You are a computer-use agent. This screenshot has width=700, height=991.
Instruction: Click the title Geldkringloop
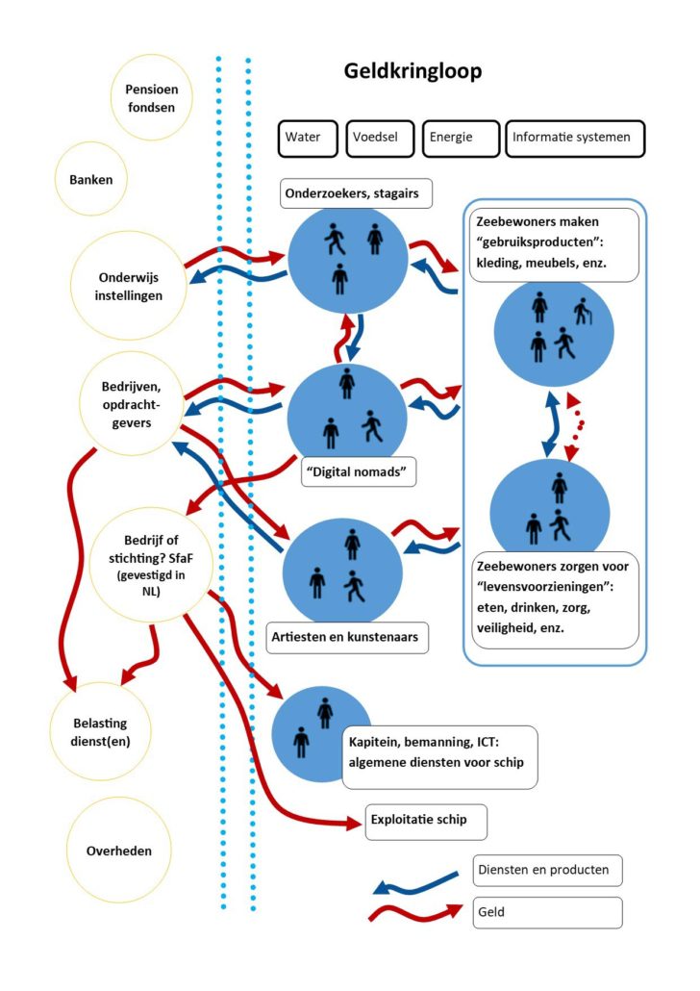click(x=412, y=71)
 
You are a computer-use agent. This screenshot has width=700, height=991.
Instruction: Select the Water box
click(x=308, y=139)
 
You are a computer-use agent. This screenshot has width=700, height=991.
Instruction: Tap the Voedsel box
click(x=381, y=139)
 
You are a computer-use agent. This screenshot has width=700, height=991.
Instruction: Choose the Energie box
click(x=461, y=139)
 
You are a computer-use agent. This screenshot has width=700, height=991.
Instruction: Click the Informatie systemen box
click(x=575, y=139)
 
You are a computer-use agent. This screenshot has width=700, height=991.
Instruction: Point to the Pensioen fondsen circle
click(x=151, y=98)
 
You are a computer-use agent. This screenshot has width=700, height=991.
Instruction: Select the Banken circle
click(x=91, y=180)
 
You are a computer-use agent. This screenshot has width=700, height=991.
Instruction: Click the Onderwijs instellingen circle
click(x=128, y=286)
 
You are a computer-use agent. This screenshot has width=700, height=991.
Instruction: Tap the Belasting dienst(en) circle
click(x=100, y=732)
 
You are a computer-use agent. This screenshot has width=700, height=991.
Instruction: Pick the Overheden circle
click(x=119, y=851)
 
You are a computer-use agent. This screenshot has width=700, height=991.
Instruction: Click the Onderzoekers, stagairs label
click(x=357, y=193)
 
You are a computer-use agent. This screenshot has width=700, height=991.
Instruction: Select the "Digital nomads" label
click(x=359, y=472)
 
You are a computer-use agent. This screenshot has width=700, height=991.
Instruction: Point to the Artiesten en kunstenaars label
click(x=347, y=637)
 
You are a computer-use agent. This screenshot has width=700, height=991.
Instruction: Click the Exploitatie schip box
click(x=426, y=822)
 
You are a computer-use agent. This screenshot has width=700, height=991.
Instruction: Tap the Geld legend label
click(x=547, y=913)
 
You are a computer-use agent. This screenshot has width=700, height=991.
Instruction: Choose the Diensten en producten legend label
click(x=547, y=871)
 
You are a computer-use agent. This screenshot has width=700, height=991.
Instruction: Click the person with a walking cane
click(x=583, y=312)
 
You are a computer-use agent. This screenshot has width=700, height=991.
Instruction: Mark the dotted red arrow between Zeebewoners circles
click(x=576, y=427)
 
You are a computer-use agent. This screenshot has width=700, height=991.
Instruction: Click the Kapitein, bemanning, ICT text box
click(x=439, y=757)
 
